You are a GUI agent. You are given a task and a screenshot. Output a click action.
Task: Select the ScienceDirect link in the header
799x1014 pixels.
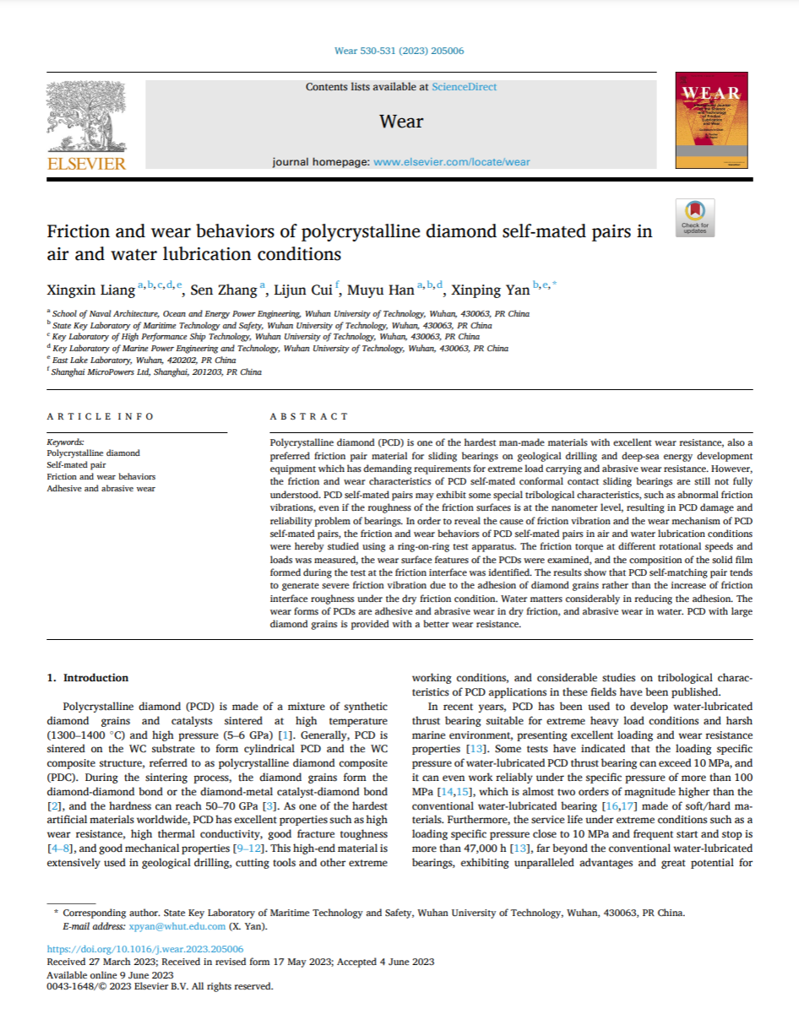[x=464, y=87]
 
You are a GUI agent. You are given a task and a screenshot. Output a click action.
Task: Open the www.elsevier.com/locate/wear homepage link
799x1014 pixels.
[x=452, y=161]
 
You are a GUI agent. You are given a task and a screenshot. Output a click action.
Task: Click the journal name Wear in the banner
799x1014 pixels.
[x=401, y=122]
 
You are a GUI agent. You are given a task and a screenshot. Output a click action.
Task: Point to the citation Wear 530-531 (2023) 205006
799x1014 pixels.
[x=399, y=51]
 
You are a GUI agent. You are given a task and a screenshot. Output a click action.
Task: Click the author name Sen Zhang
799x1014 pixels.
[x=223, y=290]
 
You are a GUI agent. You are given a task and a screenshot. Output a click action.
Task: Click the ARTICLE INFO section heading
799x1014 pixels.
[x=101, y=416]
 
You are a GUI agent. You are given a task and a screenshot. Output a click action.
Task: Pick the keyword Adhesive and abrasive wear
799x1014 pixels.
[x=101, y=488]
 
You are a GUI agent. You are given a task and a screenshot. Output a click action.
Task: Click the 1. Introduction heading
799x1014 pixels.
[x=88, y=677]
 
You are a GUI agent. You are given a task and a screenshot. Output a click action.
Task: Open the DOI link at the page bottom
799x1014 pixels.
[x=145, y=949]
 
